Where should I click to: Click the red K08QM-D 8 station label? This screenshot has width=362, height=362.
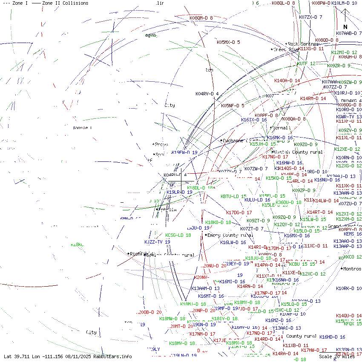201,18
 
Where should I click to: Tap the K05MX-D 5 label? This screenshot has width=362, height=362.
228,42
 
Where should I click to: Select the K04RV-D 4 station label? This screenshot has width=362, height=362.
207,94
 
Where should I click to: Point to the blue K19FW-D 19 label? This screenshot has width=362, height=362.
184,152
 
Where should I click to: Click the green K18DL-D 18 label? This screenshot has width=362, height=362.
201,188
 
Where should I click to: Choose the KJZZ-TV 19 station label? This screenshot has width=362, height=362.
157,242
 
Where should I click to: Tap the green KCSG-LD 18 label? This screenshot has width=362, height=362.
178,235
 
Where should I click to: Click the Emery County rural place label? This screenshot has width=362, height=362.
230,235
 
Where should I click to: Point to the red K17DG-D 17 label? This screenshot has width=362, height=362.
239,213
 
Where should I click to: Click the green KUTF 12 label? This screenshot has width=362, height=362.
306,63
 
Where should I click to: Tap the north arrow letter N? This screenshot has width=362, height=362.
345,26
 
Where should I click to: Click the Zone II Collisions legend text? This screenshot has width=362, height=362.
65,3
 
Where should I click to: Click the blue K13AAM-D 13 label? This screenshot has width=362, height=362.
205,288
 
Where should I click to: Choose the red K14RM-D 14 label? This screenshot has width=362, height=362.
313,98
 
